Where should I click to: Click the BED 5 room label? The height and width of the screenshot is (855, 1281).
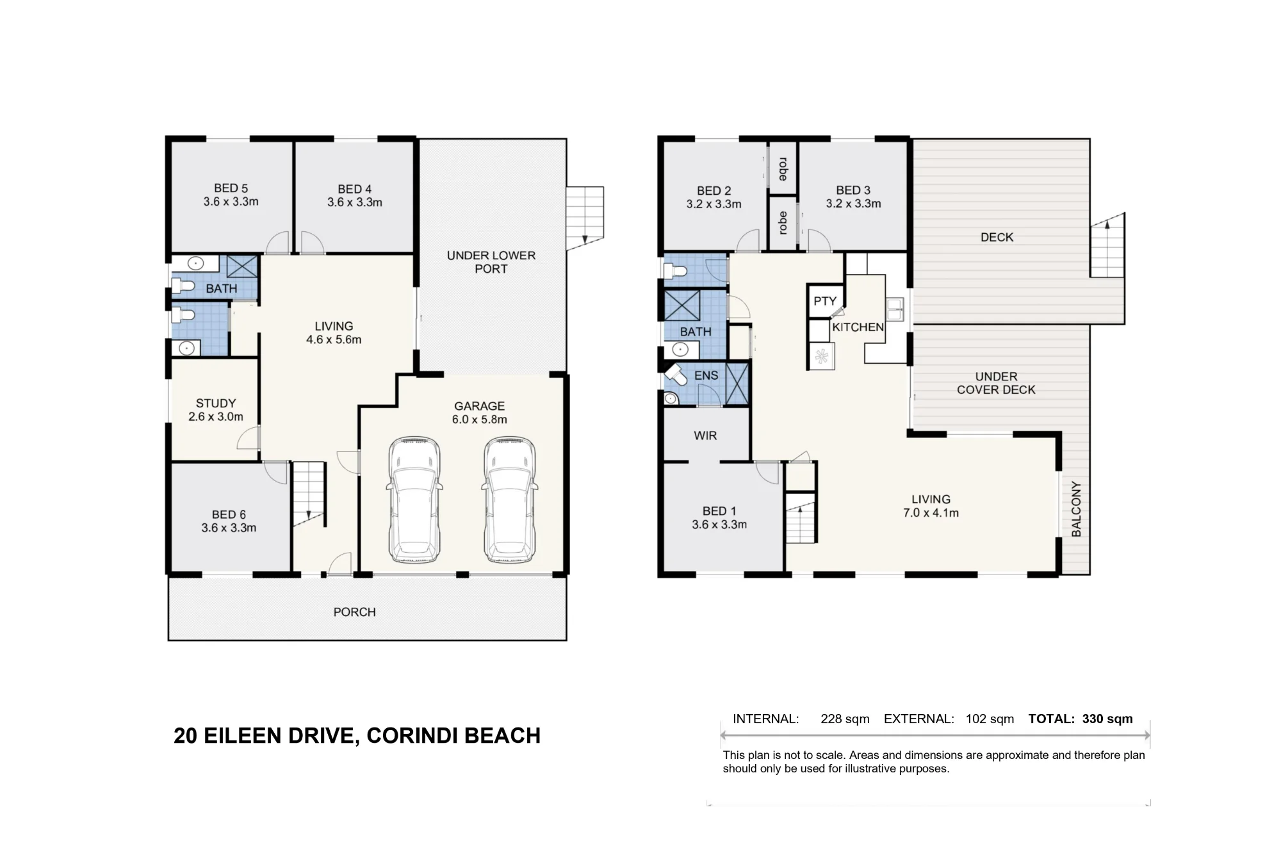click(x=231, y=188)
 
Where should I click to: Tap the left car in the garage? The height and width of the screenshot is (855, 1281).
click(x=414, y=500)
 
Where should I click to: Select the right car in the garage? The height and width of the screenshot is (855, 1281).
click(x=510, y=500)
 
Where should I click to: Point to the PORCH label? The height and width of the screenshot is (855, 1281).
click(x=354, y=612)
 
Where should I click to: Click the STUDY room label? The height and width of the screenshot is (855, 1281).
click(x=216, y=403)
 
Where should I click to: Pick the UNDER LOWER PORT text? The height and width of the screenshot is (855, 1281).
click(x=491, y=262)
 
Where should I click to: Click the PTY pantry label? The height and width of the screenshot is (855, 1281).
click(x=825, y=301)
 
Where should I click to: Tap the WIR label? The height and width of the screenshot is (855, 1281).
click(x=705, y=436)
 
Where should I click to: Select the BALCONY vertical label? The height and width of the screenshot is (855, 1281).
click(x=1076, y=509)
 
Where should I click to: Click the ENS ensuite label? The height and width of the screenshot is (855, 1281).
click(x=706, y=375)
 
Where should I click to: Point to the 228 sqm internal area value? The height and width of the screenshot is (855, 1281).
click(x=845, y=719)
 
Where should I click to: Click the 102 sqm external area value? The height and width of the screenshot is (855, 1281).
click(x=990, y=719)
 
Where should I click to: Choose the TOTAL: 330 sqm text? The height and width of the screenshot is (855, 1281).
click(x=1081, y=719)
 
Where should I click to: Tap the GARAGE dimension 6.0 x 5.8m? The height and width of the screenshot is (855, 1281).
click(x=480, y=419)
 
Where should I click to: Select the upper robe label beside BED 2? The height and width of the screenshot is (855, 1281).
click(x=782, y=168)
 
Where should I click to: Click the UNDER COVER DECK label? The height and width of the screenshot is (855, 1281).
click(x=996, y=383)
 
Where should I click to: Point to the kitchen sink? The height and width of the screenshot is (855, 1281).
click(x=895, y=309)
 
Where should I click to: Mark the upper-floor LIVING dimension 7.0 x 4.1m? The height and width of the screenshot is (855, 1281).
click(x=931, y=513)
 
